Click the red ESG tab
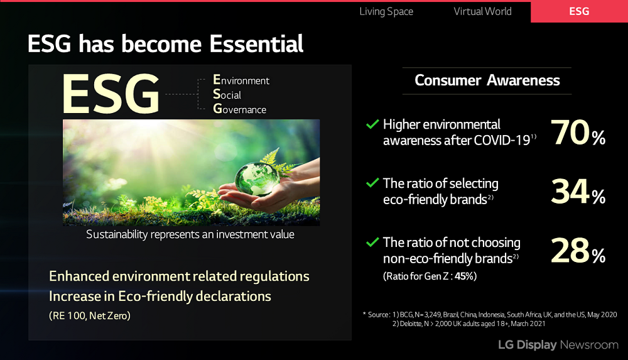(579, 12)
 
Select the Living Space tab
(386, 12)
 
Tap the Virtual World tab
(482, 11)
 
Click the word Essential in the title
(256, 44)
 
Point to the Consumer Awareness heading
(487, 80)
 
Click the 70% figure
(578, 133)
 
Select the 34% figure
(578, 192)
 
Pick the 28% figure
(578, 251)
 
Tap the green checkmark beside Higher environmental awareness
(372, 124)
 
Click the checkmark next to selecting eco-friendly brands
(372, 183)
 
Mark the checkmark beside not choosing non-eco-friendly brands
(372, 242)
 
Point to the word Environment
(241, 80)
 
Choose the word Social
(227, 94)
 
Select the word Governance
(239, 109)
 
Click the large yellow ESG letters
(111, 94)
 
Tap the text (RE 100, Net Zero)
(90, 315)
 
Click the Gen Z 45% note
(430, 276)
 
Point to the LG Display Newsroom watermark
(558, 345)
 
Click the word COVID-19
(502, 140)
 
